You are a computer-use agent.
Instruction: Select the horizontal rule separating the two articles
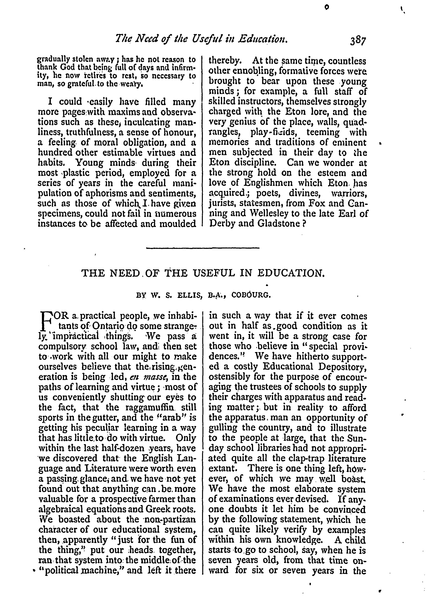click(203, 248)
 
